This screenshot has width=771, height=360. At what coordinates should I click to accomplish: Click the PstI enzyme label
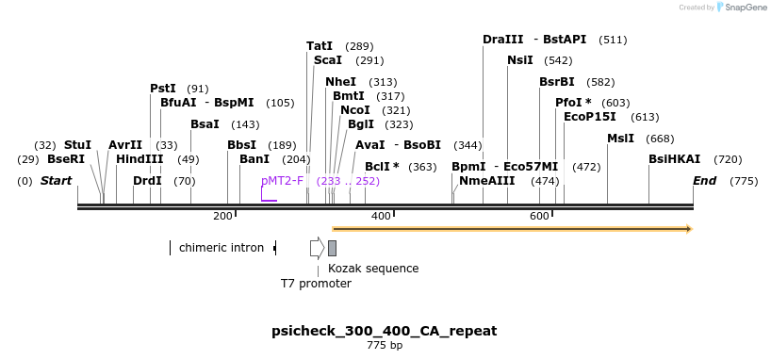coord(163,88)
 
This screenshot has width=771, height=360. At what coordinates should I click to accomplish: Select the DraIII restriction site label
coord(502,40)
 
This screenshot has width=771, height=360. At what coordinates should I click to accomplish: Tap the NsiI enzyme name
coord(519,60)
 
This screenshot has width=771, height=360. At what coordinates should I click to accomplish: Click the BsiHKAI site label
coord(674,159)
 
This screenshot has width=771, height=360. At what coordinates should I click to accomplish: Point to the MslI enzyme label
coord(620,138)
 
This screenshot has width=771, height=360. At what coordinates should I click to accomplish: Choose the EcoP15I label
coord(589,117)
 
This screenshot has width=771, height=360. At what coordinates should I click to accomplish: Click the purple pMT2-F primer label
coord(282,180)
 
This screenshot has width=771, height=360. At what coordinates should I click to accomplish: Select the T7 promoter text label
coord(316,283)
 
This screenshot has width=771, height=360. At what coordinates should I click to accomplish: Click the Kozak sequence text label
coord(373,268)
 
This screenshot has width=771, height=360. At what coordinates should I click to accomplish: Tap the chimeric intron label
coord(221,248)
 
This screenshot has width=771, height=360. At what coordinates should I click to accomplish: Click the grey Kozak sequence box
coord(332,248)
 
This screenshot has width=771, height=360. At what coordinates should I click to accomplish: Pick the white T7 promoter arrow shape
coord(317,248)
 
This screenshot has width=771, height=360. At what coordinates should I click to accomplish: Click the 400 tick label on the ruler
coord(381,217)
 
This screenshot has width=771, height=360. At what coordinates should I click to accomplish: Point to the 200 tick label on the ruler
coord(222,217)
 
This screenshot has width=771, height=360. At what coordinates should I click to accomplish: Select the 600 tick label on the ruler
coord(539,217)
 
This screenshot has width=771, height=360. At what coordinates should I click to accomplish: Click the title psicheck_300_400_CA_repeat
coord(384,331)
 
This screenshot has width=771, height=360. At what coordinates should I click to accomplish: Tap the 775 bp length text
coord(384,346)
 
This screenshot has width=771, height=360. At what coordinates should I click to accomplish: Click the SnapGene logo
coord(741,8)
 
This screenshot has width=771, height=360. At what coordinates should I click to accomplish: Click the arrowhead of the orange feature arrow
coord(689,229)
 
